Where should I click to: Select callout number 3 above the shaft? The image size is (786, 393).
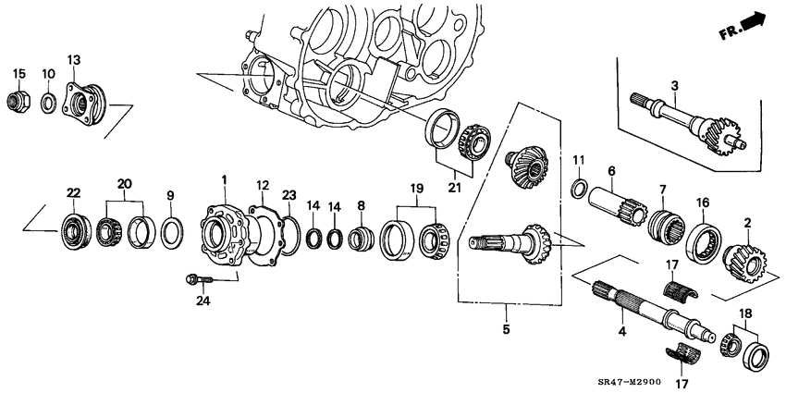675,86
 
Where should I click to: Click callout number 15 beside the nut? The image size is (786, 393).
18,73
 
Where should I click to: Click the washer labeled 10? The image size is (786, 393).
46,100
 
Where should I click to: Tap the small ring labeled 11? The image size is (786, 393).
578,191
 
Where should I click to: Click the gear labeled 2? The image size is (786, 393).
743,260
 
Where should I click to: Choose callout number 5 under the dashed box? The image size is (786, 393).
507,328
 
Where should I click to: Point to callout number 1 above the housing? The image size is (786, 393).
223,178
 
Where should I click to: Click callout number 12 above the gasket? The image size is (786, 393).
262,185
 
